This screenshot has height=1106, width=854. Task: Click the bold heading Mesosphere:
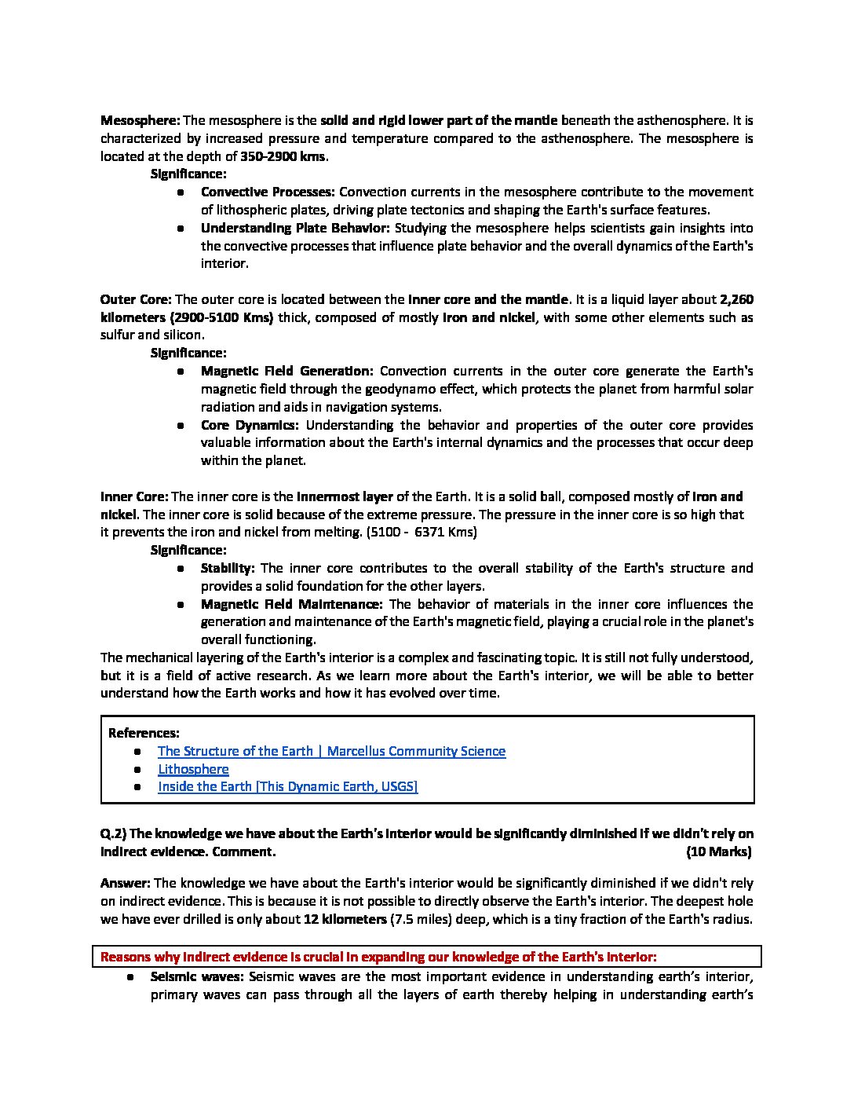tap(141, 121)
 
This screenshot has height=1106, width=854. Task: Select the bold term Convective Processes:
tap(268, 192)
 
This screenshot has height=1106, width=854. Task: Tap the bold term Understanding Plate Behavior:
tap(295, 229)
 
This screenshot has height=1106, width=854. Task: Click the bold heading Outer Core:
tap(135, 300)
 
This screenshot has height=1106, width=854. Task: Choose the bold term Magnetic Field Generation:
tap(286, 372)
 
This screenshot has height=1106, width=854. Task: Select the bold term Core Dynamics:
tap(250, 426)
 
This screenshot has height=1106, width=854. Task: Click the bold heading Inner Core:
tap(134, 497)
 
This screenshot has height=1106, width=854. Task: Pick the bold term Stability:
tap(228, 569)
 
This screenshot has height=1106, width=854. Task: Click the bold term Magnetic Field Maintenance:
tap(291, 605)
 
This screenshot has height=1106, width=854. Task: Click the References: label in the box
tap(144, 734)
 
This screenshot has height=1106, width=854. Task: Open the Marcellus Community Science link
tap(331, 752)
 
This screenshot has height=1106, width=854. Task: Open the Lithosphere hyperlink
tap(193, 770)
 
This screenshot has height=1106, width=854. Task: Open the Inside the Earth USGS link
tap(287, 787)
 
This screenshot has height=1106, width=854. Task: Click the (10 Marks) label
tap(719, 852)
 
